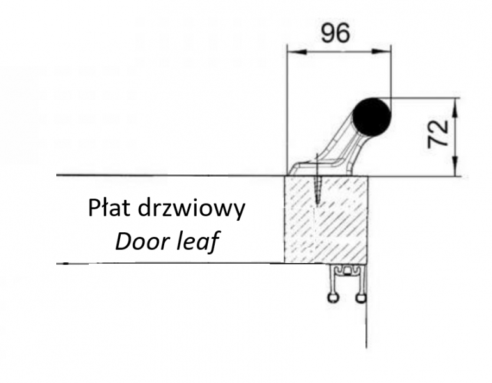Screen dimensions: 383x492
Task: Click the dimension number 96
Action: click(x=335, y=33)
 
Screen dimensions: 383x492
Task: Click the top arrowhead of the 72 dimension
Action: click(x=455, y=103)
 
